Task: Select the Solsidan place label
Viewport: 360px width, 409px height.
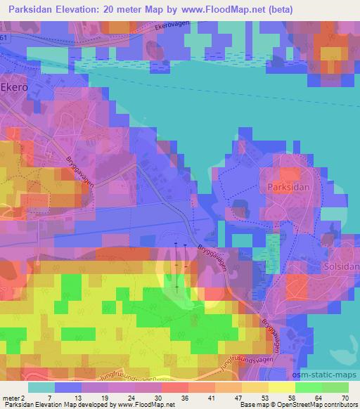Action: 341,268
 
